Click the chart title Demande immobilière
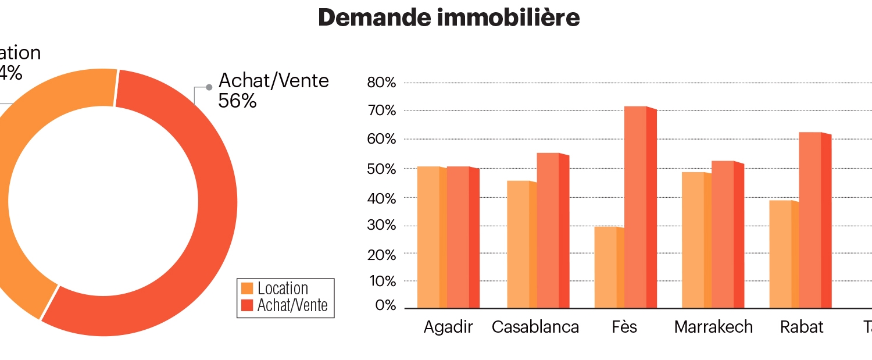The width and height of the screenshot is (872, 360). tap(449, 17)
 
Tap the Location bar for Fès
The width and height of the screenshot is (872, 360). tap(609, 268)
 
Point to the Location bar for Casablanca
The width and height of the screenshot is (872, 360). tap(521, 244)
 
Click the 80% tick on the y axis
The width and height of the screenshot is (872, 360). tap(381, 83)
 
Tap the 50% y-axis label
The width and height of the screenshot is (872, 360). tap(381, 169)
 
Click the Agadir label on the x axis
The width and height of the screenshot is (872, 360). tap(448, 327)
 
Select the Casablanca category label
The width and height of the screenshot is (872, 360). tap(535, 327)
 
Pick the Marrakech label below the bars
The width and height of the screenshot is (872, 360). tap(713, 327)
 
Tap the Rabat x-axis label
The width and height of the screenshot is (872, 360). tap(802, 327)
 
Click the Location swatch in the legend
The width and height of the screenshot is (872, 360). tap(247, 288)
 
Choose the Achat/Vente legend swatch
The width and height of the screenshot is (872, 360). tap(247, 305)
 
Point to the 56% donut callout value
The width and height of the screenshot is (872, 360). tap(237, 101)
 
